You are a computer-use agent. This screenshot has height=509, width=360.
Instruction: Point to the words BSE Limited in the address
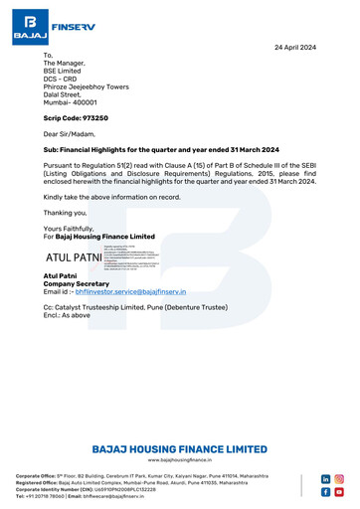64,73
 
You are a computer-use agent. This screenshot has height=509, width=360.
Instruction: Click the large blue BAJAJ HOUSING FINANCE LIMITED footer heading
179,449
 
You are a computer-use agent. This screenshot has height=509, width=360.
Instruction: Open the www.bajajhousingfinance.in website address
179,461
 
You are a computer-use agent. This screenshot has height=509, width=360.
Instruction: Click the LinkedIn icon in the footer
325,478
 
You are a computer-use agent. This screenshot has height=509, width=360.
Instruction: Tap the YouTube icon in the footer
339,492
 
